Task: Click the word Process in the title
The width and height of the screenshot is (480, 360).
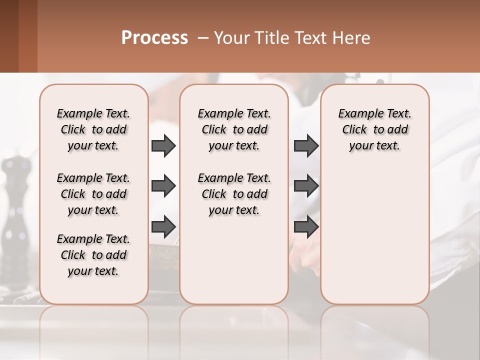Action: click(154, 38)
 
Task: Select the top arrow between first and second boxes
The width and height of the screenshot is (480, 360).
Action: click(163, 145)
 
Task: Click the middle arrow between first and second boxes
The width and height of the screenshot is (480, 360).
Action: click(163, 186)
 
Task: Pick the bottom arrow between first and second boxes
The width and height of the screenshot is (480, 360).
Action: click(163, 226)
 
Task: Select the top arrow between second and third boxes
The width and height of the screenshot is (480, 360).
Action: click(306, 145)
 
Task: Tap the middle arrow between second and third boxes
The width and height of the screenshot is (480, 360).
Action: click(306, 186)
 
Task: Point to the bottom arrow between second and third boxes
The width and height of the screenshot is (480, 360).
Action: click(306, 226)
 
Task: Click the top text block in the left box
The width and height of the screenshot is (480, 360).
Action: click(93, 129)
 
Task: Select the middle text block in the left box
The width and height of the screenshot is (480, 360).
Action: click(93, 194)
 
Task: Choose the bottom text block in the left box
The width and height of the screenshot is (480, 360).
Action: click(93, 255)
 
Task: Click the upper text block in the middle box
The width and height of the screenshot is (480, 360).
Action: click(234, 129)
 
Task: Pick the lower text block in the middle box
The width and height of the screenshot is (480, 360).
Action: click(234, 194)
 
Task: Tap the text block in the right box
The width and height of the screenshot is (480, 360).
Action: click(375, 129)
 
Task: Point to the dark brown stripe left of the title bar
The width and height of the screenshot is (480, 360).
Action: click(9, 36)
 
